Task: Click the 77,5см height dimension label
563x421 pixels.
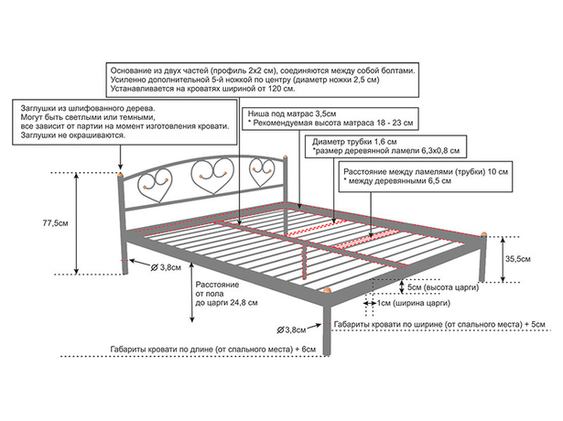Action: (x=55, y=223)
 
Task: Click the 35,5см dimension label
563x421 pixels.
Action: (x=517, y=259)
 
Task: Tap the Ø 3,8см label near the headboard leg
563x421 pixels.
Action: (x=166, y=267)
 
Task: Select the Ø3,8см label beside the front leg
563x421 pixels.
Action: (x=291, y=329)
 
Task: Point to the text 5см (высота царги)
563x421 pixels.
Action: (x=443, y=287)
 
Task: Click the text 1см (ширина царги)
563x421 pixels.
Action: (x=413, y=303)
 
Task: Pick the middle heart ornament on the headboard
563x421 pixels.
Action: (x=212, y=176)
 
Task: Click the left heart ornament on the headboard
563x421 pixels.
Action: (x=155, y=185)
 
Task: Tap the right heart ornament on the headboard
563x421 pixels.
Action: (x=263, y=171)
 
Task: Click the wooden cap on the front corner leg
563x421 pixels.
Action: (x=327, y=289)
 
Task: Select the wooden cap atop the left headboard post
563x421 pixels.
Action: (x=121, y=175)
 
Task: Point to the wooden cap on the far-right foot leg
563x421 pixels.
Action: (x=484, y=234)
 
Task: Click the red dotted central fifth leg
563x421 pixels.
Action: (x=305, y=261)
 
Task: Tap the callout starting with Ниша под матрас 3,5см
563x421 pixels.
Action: (x=330, y=118)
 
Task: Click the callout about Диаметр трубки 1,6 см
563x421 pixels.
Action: (x=385, y=146)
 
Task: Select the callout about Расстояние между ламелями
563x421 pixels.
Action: (x=426, y=177)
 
